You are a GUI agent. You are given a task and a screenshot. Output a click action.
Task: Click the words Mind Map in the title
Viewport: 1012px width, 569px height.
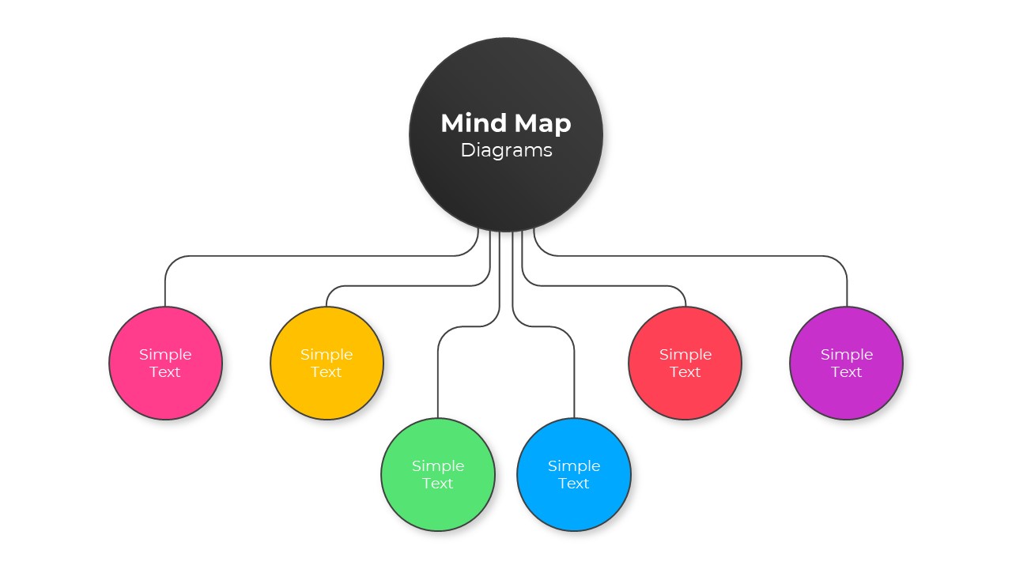tap(506, 123)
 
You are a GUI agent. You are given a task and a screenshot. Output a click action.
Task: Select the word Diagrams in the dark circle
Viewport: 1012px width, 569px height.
tap(506, 150)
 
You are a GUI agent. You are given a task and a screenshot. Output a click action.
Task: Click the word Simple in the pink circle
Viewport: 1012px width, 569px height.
tap(165, 354)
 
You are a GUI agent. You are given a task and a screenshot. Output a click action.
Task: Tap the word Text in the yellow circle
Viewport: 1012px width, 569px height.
tap(327, 372)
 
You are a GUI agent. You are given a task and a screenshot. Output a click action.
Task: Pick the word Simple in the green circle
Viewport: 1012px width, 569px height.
tap(438, 465)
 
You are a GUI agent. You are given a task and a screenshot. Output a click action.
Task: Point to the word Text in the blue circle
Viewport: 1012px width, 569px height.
tap(574, 484)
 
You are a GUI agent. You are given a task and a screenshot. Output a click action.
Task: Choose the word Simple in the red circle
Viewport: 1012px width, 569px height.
tap(685, 354)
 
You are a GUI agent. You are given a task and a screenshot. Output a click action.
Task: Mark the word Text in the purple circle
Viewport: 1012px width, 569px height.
tap(846, 372)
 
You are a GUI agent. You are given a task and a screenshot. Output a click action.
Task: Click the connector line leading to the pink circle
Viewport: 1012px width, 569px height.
tap(316, 256)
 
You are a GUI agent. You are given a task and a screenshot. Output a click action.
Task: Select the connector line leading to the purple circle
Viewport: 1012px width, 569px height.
tap(696, 256)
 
